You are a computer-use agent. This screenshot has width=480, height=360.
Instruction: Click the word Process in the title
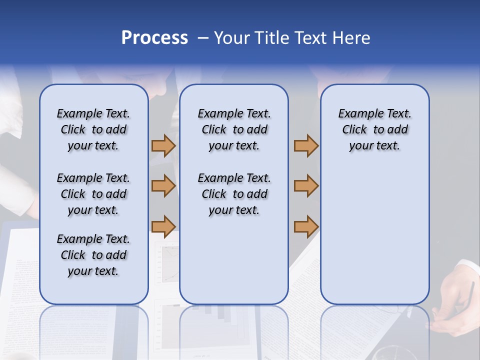tap(154, 38)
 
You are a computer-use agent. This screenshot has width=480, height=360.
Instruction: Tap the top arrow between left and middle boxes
tap(163, 145)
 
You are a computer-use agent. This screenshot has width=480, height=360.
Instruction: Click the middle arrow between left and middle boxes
tap(163, 185)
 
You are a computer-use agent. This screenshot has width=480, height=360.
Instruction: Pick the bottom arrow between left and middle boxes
tap(163, 226)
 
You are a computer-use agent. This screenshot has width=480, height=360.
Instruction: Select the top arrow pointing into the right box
tap(306, 145)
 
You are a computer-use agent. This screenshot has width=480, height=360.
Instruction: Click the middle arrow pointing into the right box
tap(306, 185)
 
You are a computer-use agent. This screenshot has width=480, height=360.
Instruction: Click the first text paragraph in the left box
tap(93, 129)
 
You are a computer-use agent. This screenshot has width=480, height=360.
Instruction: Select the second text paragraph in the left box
tap(93, 194)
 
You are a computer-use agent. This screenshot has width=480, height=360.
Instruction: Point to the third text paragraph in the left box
tap(93, 255)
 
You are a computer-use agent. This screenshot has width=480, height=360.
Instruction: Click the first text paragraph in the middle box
tap(234, 129)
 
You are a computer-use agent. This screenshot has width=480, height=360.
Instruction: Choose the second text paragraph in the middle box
tap(234, 194)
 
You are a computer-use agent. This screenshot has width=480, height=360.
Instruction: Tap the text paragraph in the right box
tap(374, 129)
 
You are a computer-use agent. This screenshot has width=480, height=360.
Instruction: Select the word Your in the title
tap(231, 38)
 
